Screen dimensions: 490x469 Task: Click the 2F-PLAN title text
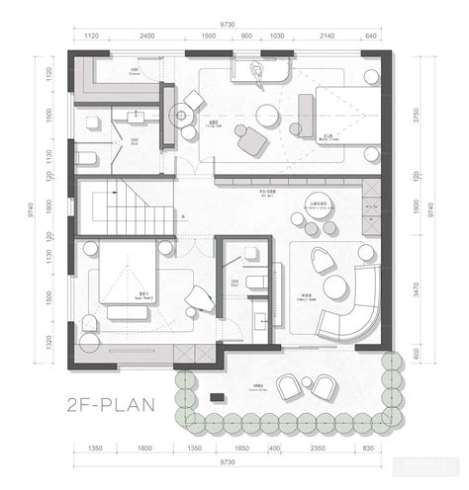121,404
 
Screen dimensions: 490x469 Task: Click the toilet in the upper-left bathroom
88,158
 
